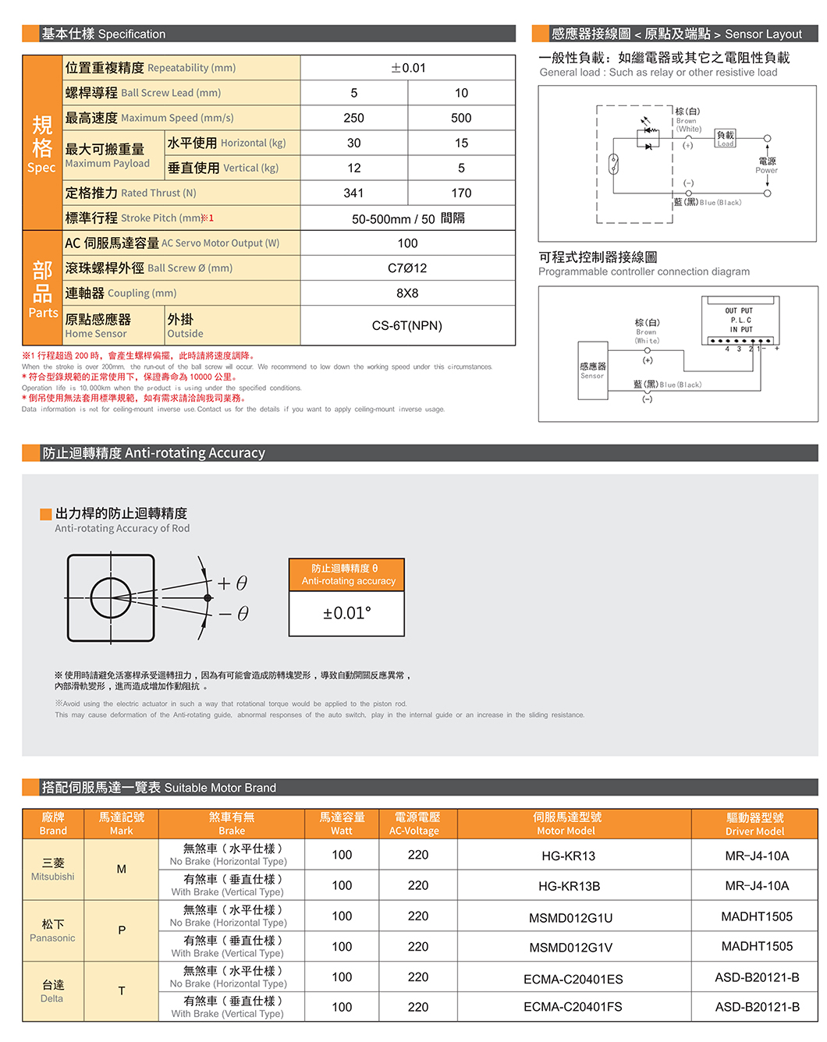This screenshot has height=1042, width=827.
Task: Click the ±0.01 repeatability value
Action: [408, 68]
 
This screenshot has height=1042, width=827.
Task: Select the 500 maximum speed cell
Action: [461, 118]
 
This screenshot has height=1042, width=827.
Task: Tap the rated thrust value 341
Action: [353, 193]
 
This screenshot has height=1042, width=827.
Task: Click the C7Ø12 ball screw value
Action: [407, 268]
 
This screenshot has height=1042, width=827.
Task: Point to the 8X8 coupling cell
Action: [407, 293]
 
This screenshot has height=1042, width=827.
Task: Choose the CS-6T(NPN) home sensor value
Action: [407, 325]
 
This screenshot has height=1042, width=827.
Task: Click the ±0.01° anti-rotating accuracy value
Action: [347, 613]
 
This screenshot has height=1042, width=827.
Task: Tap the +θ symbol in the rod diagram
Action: [232, 583]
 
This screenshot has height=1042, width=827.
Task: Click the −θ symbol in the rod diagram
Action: [233, 614]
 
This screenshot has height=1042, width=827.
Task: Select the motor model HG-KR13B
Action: [569, 886]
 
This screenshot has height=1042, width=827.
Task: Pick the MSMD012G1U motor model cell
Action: [570, 918]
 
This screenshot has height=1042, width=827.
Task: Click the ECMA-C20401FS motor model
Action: [573, 1007]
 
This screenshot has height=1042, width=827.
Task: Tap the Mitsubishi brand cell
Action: [53, 869]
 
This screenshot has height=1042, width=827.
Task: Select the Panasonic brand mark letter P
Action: [122, 930]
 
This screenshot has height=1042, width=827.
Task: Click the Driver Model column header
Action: [754, 824]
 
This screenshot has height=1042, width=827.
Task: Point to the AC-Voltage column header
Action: [417, 824]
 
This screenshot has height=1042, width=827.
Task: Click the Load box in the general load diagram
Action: [726, 139]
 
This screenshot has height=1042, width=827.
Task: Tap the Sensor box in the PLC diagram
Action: [592, 370]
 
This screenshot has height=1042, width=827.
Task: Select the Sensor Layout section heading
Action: [676, 34]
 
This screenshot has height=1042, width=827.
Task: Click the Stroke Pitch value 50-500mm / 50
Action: [407, 218]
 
